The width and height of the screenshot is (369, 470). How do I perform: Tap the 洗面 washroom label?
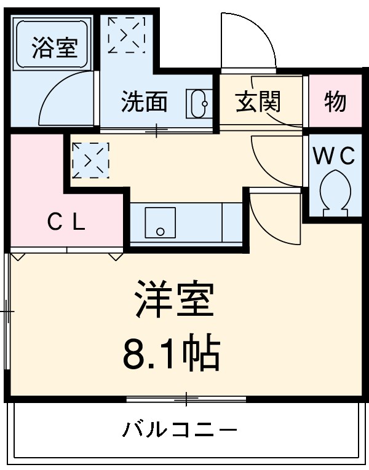pyautogui.click(x=144, y=101)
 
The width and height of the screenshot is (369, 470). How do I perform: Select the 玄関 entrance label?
pyautogui.click(x=258, y=101)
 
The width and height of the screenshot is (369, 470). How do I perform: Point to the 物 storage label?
pyautogui.click(x=335, y=101)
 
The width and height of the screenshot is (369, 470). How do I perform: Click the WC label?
pyautogui.click(x=335, y=156)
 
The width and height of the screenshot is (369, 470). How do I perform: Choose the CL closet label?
pyautogui.click(x=66, y=222)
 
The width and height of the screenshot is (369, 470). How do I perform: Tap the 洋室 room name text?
pyautogui.click(x=175, y=299)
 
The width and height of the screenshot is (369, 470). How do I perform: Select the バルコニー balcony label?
pyautogui.click(x=178, y=428)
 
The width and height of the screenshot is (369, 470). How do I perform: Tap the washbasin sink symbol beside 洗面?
pyautogui.click(x=198, y=103)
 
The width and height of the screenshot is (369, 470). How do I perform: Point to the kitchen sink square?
pyautogui.click(x=160, y=222)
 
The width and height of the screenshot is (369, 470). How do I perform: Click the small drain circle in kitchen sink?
pyautogui.click(x=160, y=232)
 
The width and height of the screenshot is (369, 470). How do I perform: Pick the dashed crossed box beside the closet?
pyautogui.click(x=90, y=160)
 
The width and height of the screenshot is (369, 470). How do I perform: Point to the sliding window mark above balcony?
pyautogui.click(x=186, y=400)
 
